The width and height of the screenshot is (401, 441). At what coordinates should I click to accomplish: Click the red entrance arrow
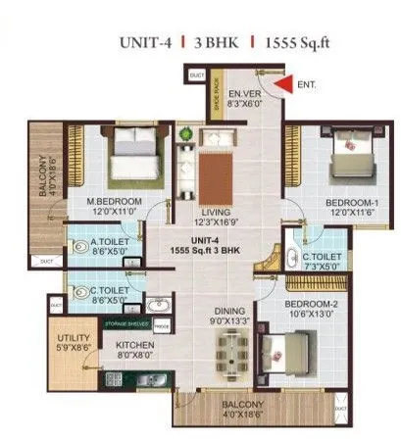(282, 85)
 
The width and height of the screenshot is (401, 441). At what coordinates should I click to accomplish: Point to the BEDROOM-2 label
(312, 305)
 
